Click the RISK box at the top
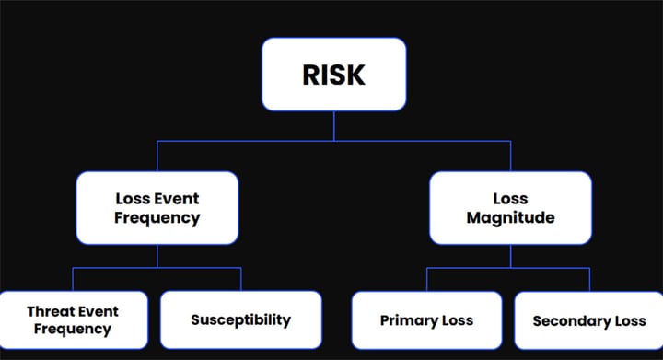[334, 75]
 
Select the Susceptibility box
[241, 320]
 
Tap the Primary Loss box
[426, 320]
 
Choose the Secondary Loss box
[588, 321]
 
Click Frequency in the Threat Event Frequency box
[73, 329]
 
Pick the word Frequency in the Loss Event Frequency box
[157, 218]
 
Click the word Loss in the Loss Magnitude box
[510, 198]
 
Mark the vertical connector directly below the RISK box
[334, 126]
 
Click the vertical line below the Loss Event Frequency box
[157, 256]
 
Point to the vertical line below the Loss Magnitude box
[510, 256]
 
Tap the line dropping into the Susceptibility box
[241, 279]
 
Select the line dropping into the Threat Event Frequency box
[73, 279]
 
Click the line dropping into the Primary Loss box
[427, 279]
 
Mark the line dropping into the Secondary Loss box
[589, 279]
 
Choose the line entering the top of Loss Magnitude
[510, 156]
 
